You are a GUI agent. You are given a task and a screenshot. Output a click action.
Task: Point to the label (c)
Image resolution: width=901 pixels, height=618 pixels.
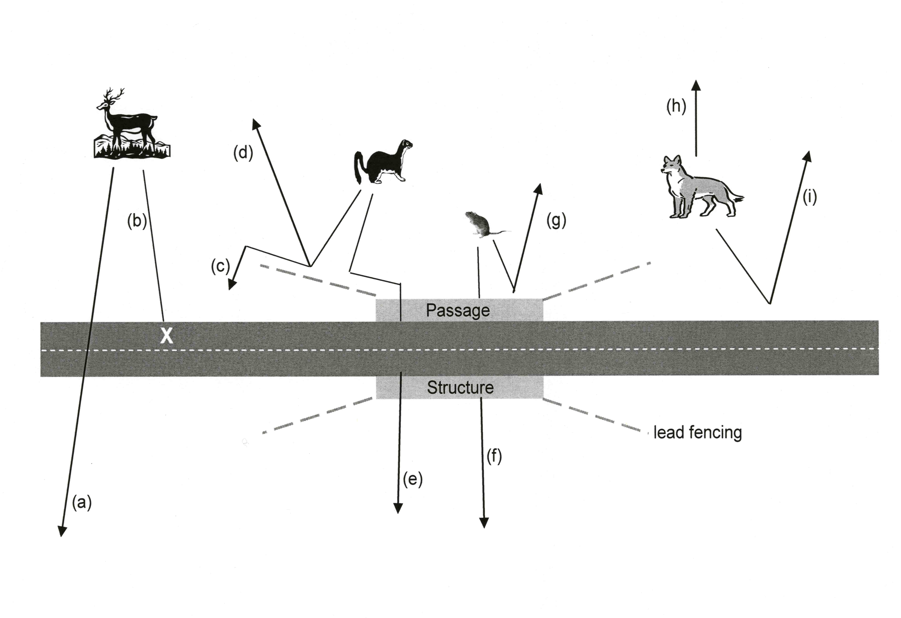[x=221, y=267]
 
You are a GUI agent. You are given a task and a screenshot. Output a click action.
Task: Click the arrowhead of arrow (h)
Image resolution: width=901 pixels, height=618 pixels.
[x=696, y=86]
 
